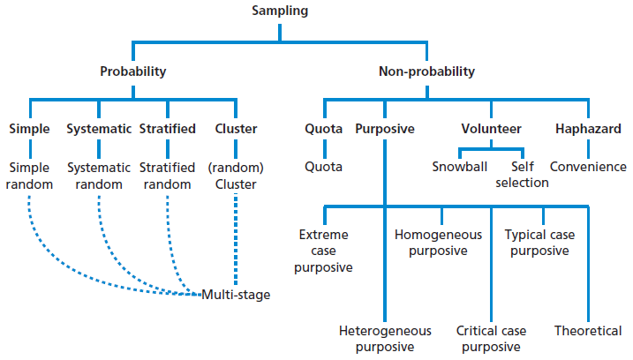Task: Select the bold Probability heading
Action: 132,71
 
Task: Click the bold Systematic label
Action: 99,129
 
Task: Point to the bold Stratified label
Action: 167,129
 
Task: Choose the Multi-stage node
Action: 236,295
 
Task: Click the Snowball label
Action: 458,167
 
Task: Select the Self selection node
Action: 529,175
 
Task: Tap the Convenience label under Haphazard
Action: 588,167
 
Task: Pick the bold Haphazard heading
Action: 588,129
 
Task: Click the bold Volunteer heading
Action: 492,129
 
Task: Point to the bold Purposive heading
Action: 385,129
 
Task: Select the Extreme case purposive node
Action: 324,251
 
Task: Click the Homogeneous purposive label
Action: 438,243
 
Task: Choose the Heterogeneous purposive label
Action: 385,339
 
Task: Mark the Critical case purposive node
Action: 492,339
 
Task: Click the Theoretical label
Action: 588,331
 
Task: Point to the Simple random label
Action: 31,175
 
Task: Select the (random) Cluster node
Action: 236,175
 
